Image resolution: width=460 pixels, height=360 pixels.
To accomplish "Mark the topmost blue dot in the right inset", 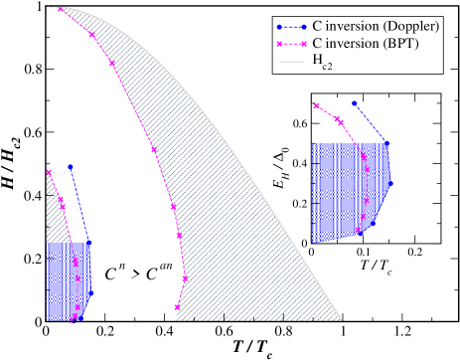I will coord(353,102).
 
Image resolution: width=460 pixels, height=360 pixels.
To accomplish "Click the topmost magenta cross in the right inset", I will coord(316,105).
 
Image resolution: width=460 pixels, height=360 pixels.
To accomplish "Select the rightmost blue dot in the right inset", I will coord(390,183).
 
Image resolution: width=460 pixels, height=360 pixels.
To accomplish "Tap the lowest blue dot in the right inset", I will coord(360,232).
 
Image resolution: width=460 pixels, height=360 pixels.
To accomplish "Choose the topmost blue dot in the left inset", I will coord(71,167).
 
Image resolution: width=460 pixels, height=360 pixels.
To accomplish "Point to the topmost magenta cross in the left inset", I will coord(48,173).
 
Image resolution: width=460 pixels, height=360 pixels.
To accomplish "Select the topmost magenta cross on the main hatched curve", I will coord(60,9).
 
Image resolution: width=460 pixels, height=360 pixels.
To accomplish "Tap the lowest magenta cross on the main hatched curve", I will coord(177,306).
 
